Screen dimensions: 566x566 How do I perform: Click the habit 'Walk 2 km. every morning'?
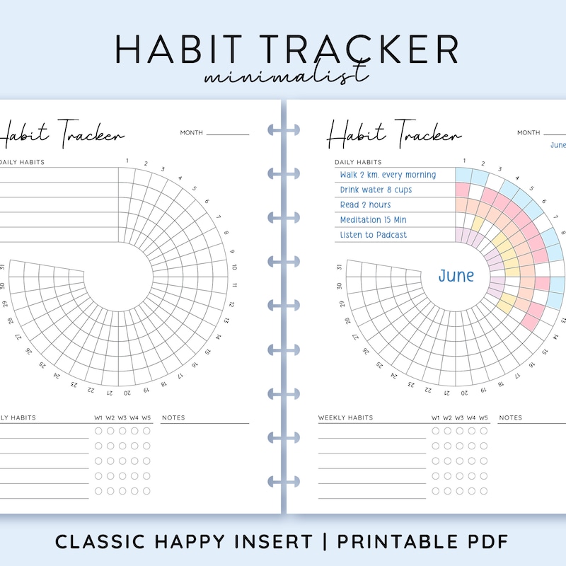pos(387,175)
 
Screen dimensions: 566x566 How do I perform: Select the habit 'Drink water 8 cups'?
pos(376,190)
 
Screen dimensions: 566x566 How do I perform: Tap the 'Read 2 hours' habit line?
pos(365,205)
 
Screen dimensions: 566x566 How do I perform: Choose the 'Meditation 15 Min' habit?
pos(374,220)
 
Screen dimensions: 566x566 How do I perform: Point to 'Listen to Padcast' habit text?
pos(374,235)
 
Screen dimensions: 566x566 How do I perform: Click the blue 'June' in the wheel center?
pos(456,276)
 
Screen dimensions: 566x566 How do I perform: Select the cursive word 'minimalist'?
pos(285,75)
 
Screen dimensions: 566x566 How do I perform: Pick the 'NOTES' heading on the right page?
pos(510,418)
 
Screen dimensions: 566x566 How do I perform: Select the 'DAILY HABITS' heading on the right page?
pos(359,162)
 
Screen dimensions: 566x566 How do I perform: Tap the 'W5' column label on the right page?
pos(483,418)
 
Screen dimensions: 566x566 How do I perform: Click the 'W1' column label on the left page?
pos(98,418)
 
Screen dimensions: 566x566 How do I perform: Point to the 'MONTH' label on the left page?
pos(191,132)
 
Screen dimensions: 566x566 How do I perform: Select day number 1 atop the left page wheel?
pos(127,161)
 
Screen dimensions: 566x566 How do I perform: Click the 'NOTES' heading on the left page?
pos(173,418)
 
